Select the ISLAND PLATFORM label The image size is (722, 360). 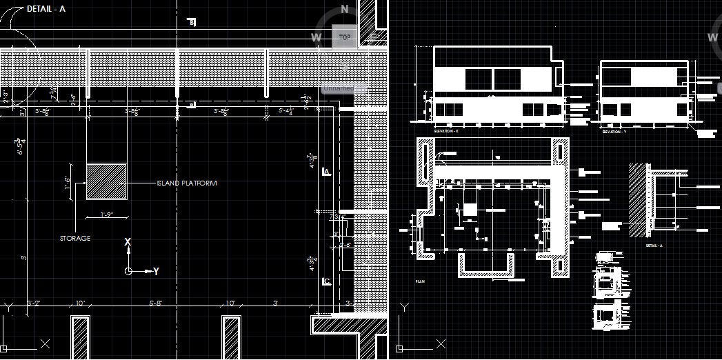(187, 183)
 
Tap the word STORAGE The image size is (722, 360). (74, 239)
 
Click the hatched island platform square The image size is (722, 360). (106, 182)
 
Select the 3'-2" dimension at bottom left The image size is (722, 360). (34, 303)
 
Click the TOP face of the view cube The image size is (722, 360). (344, 37)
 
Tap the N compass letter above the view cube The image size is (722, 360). (345, 10)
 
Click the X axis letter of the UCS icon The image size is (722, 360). (127, 242)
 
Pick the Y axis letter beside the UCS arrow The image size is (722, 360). (156, 272)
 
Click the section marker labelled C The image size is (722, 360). (327, 281)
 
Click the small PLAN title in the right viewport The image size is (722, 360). (420, 281)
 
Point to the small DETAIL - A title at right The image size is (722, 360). (654, 246)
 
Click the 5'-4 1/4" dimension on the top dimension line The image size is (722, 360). (285, 110)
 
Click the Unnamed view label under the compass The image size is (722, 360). (338, 88)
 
